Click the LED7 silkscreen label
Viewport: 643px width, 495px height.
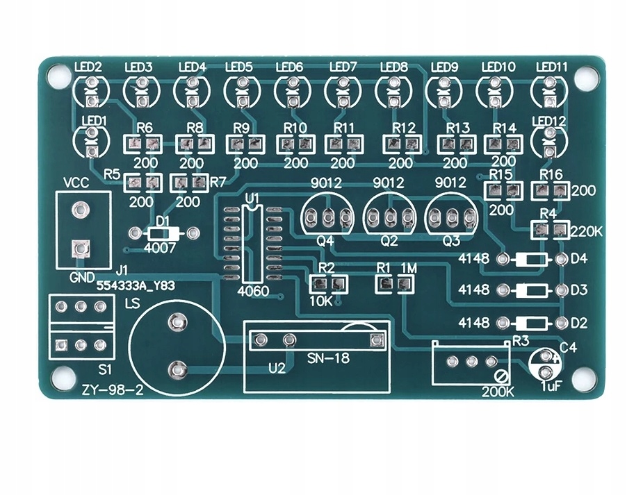tap(343, 67)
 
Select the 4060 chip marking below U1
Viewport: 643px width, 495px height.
tap(252, 292)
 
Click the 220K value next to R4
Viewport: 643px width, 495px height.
tap(585, 230)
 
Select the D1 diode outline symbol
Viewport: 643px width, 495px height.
tap(163, 233)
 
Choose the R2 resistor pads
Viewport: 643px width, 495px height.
tap(328, 284)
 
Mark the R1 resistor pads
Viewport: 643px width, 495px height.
tap(394, 283)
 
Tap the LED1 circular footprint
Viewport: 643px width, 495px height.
tap(90, 140)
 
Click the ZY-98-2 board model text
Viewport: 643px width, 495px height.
tap(112, 391)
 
